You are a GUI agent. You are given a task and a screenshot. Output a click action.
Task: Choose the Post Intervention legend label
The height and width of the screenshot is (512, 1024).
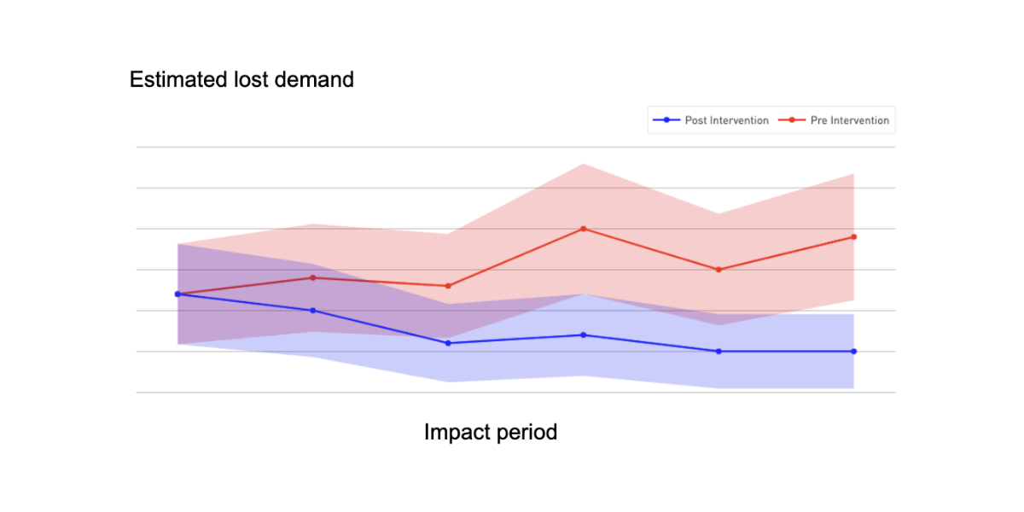point(726,120)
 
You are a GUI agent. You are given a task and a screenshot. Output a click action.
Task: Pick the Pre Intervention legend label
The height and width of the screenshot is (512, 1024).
point(849,120)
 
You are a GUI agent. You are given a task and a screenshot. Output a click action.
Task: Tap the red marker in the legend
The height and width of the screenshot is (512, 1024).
point(791,120)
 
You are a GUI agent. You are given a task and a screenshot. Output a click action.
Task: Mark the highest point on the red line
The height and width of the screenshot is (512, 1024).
point(583,229)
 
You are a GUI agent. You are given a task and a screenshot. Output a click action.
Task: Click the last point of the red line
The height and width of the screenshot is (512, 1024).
point(854,236)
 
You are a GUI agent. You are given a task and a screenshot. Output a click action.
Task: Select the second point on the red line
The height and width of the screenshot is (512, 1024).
point(312,277)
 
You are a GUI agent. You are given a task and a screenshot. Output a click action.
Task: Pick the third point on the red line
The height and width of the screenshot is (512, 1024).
point(447,286)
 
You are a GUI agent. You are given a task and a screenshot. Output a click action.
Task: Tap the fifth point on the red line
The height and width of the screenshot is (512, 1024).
point(719,270)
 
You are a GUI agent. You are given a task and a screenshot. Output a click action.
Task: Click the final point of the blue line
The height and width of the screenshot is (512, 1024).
point(854,352)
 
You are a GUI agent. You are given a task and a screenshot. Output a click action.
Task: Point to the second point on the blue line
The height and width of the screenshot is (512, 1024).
point(312,311)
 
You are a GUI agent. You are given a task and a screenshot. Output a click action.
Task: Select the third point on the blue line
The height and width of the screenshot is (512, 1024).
point(447,343)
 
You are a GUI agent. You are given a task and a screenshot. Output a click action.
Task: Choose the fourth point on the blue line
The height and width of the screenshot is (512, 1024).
point(583,335)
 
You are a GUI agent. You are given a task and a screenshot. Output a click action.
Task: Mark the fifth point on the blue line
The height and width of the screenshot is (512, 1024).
point(719,352)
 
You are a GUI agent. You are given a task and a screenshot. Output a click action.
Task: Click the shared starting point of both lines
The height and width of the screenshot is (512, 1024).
point(177,294)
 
